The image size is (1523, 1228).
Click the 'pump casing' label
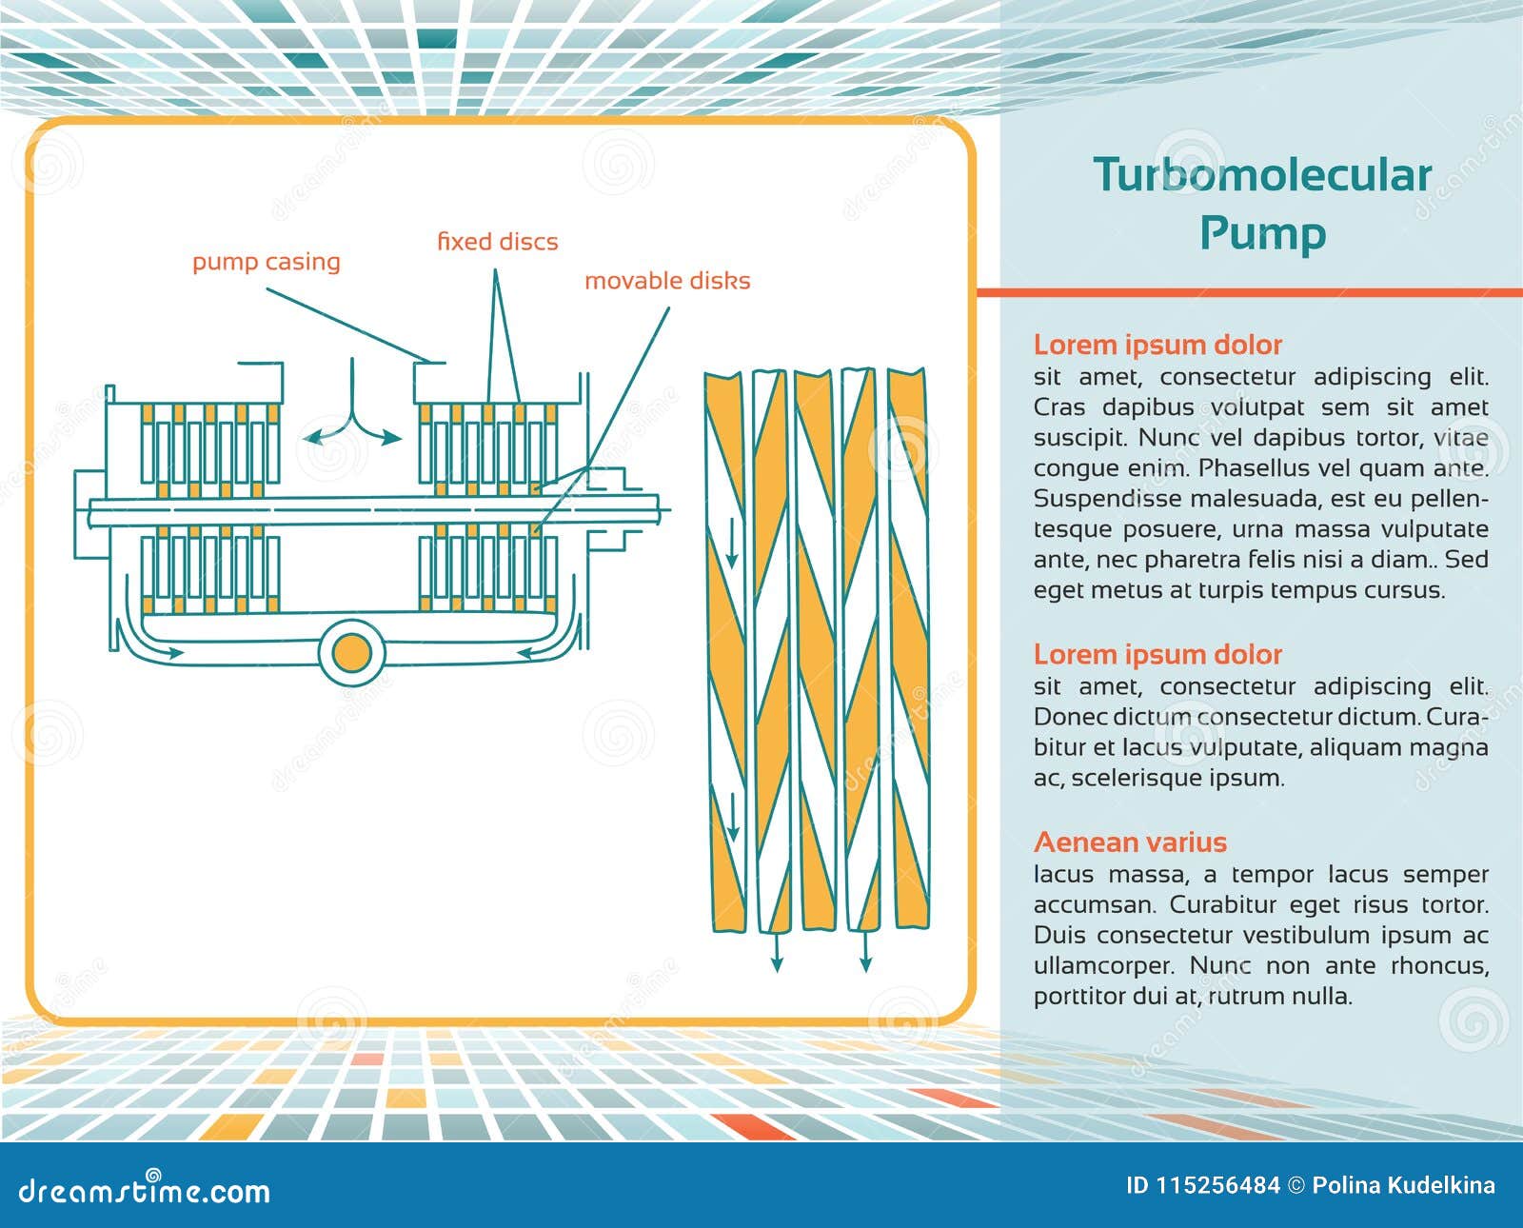click(266, 262)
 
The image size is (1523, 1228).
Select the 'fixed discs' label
click(497, 242)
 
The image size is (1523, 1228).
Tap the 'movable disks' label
click(666, 281)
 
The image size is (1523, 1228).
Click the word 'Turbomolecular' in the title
click(1261, 175)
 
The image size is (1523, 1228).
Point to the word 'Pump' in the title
click(1261, 233)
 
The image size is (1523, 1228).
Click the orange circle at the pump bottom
click(351, 653)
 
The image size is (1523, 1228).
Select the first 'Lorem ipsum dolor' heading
click(1157, 345)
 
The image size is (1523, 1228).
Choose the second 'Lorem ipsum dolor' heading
click(1157, 655)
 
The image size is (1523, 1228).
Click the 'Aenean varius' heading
click(1130, 842)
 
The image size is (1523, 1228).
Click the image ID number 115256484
click(1217, 1185)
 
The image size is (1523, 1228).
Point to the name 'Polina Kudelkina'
click(1403, 1185)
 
